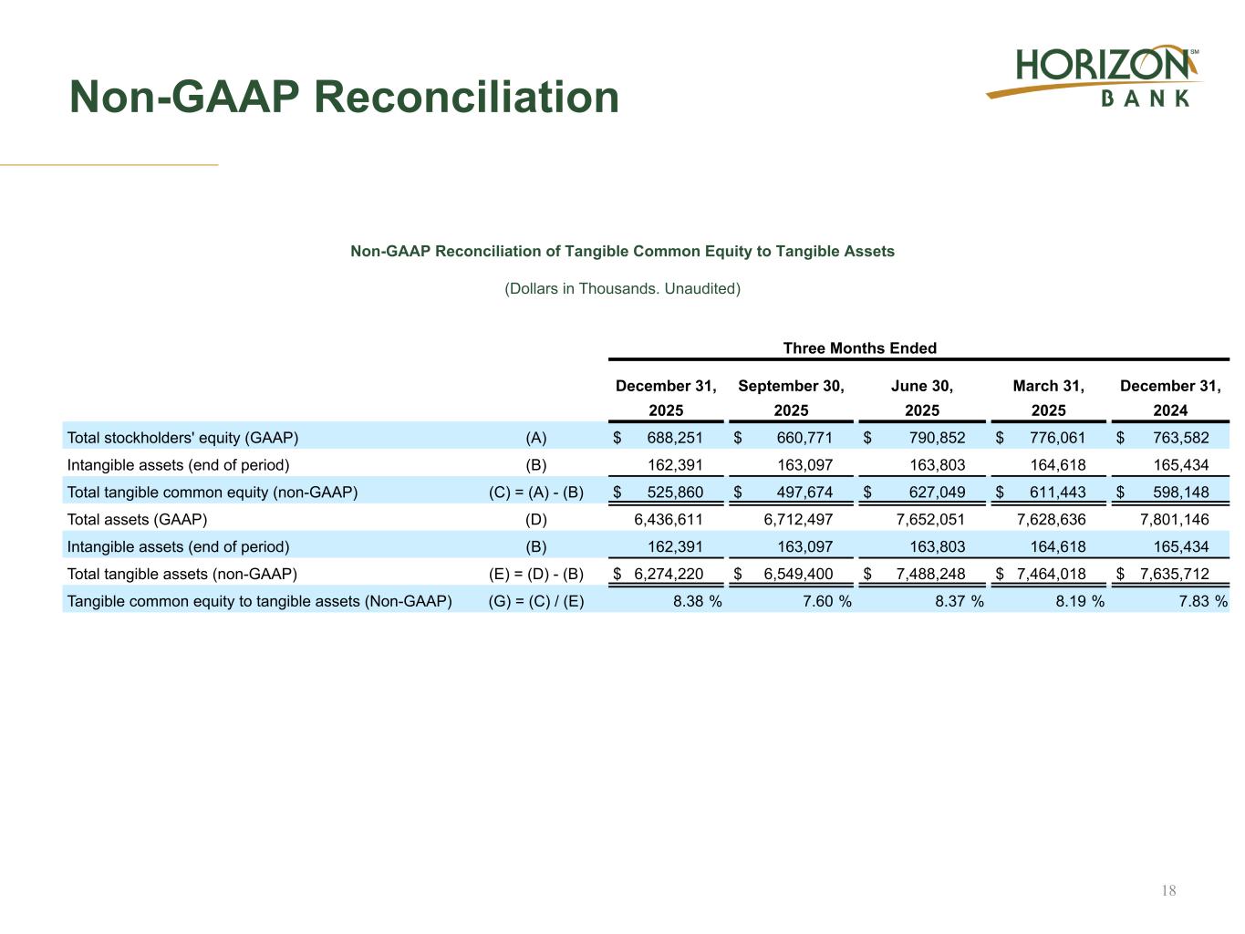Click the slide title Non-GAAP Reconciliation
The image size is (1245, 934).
pyautogui.click(x=344, y=97)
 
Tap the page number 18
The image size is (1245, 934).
pyautogui.click(x=1169, y=890)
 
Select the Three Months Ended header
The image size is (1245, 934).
pyautogui.click(x=859, y=348)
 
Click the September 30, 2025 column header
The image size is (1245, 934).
pyautogui.click(x=791, y=398)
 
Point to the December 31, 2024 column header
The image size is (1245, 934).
pyautogui.click(x=1170, y=398)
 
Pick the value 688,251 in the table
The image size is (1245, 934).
pyautogui.click(x=675, y=438)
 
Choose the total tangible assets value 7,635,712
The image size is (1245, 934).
pyautogui.click(x=1174, y=575)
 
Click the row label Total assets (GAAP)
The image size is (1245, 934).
pyautogui.click(x=138, y=520)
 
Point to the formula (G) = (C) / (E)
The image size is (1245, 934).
pyautogui.click(x=536, y=602)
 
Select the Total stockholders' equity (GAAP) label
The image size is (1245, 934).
pyautogui.click(x=183, y=438)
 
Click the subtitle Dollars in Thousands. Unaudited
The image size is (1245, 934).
pyautogui.click(x=623, y=289)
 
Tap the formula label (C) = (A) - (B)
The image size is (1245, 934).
pyautogui.click(x=536, y=493)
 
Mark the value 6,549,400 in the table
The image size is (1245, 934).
pyautogui.click(x=798, y=575)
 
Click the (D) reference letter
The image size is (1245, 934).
pyautogui.click(x=536, y=520)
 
